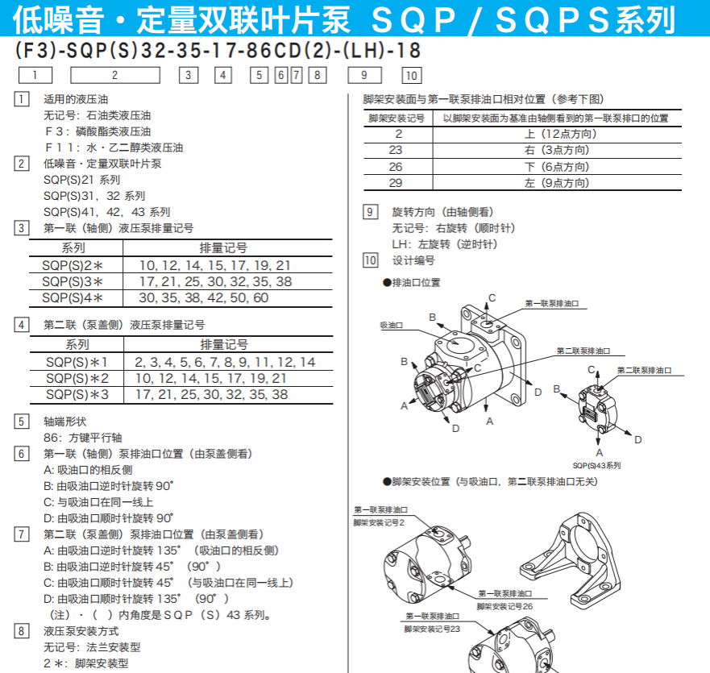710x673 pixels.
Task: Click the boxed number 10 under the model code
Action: (411, 76)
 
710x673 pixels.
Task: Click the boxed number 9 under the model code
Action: (364, 75)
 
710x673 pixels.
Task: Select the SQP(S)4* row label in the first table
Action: (73, 297)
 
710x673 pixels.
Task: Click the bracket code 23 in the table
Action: (396, 150)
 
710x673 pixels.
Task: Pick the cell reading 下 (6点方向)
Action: (557, 167)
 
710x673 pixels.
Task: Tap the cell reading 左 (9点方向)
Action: (557, 183)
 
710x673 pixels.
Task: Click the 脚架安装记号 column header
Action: (396, 118)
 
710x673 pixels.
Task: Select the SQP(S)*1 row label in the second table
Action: (77, 362)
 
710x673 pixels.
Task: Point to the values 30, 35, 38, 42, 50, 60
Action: (204, 297)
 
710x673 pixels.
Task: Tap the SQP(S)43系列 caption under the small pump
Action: (596, 465)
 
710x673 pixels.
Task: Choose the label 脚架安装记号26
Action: (504, 605)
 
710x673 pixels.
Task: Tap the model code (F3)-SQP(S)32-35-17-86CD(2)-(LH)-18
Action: (218, 51)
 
